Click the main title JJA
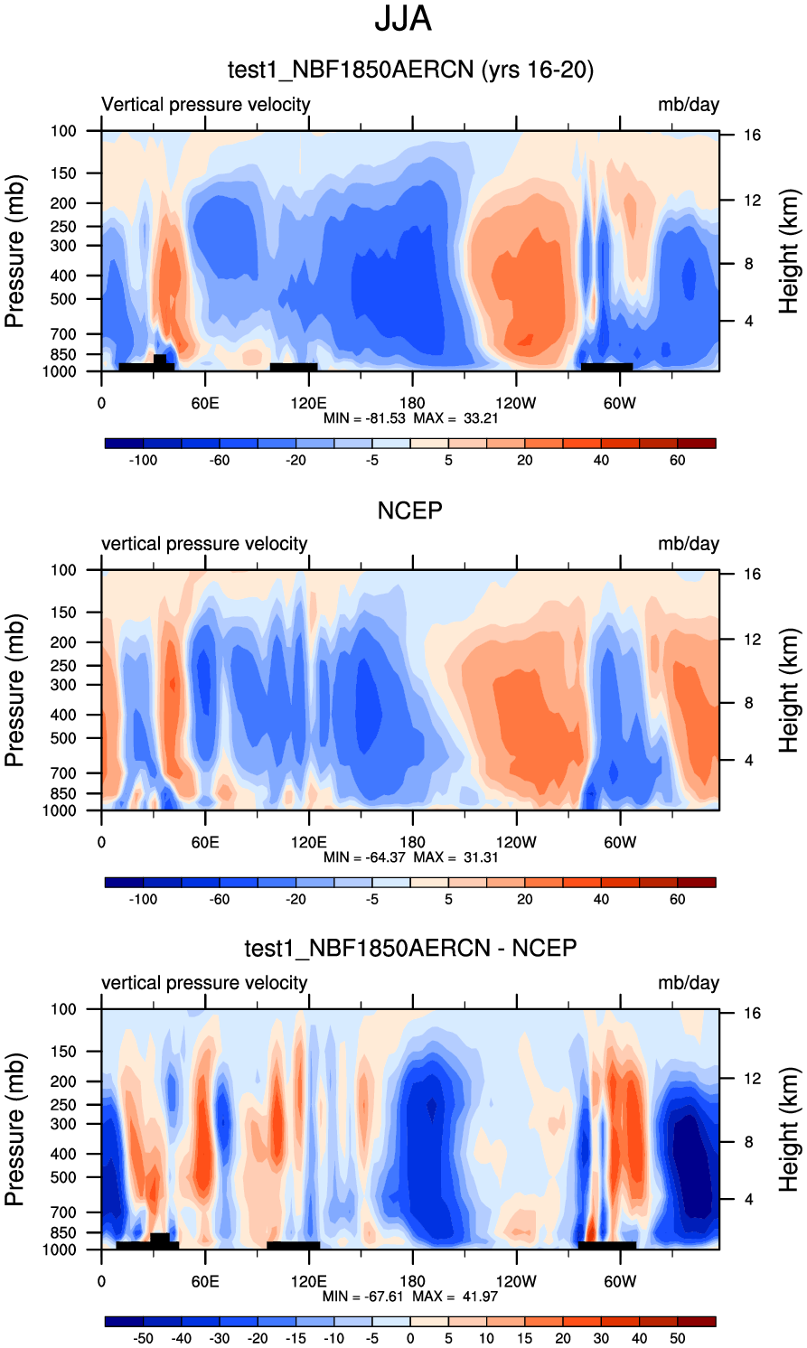pyautogui.click(x=403, y=20)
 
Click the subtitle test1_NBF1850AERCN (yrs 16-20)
pyautogui.click(x=410, y=70)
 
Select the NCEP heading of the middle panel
pyautogui.click(x=409, y=510)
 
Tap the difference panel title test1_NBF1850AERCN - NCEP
pyautogui.click(x=410, y=948)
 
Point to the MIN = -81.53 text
pyautogui.click(x=365, y=418)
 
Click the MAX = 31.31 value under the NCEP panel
pyautogui.click(x=455, y=857)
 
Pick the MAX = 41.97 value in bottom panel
pyautogui.click(x=455, y=1297)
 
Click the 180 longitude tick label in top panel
pyautogui.click(x=412, y=403)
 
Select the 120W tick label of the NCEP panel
pyautogui.click(x=516, y=842)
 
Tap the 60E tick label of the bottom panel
pyautogui.click(x=205, y=1281)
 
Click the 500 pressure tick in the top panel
pyautogui.click(x=63, y=299)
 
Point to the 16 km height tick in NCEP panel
pyautogui.click(x=752, y=575)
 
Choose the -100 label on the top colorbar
pyautogui.click(x=143, y=460)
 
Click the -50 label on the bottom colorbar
pyautogui.click(x=143, y=1338)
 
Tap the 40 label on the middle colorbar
pyautogui.click(x=601, y=899)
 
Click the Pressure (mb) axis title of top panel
pyautogui.click(x=14, y=251)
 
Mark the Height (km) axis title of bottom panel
pyautogui.click(x=789, y=1129)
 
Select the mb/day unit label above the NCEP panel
pyautogui.click(x=689, y=544)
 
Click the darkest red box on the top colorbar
pyautogui.click(x=696, y=444)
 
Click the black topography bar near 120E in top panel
pyautogui.click(x=294, y=367)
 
